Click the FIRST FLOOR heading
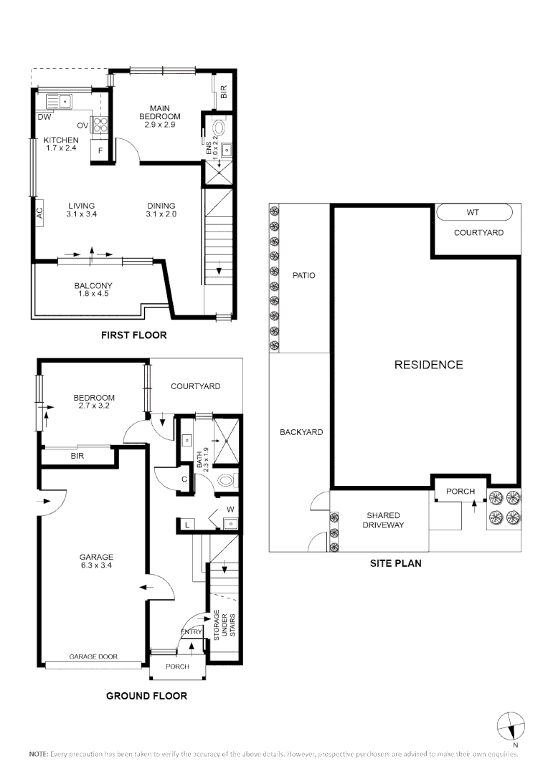click(x=134, y=335)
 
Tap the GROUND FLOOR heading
click(x=146, y=695)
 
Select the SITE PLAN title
click(x=395, y=563)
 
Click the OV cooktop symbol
click(x=99, y=125)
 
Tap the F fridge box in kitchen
click(x=100, y=150)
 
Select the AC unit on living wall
click(x=39, y=212)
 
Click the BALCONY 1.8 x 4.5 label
click(x=93, y=290)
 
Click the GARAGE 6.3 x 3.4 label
click(x=96, y=561)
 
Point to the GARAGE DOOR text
click(x=93, y=656)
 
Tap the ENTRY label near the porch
click(x=192, y=631)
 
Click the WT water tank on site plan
click(x=473, y=213)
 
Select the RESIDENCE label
click(x=428, y=365)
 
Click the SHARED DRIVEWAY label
click(x=383, y=520)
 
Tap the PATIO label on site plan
click(x=303, y=275)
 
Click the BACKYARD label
click(x=301, y=432)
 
